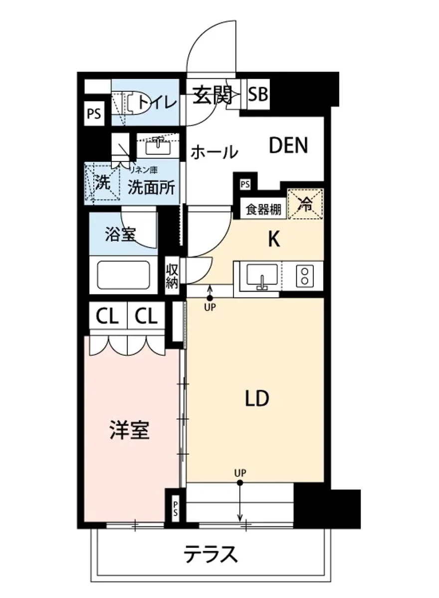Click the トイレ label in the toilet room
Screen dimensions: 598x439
point(157,102)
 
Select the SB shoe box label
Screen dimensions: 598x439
point(258,94)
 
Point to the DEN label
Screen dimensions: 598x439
point(288,146)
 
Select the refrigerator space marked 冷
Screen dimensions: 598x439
point(305,204)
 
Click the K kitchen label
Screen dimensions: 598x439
point(273,240)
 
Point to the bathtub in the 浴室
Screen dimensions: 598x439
point(123,275)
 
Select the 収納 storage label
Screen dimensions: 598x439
point(172,277)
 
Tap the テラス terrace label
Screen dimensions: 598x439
point(210,554)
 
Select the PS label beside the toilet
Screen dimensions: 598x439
point(94,114)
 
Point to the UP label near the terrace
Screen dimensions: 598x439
point(240,472)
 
